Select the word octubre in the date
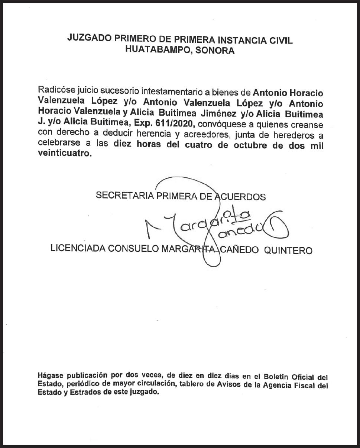point(252,145)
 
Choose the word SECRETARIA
point(125,196)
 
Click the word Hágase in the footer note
point(51,375)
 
